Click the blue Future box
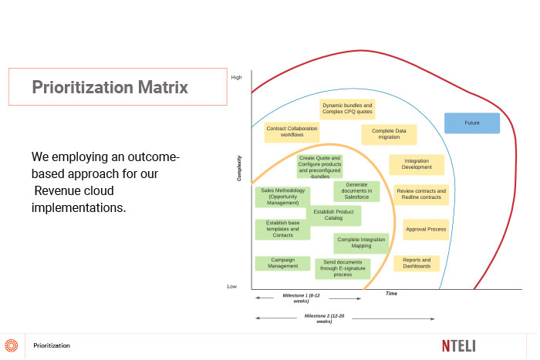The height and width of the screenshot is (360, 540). pos(472,123)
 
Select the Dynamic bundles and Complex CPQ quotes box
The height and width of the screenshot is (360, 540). pos(347,109)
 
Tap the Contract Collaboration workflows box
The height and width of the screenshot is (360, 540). pos(292,132)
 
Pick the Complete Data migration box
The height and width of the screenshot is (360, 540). pos(389,134)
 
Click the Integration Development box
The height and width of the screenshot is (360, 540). pos(417,164)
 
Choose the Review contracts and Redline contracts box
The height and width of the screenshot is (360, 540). pos(421,194)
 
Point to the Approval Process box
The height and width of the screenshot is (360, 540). pos(426,229)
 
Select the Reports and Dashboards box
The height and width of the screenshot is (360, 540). pos(417,264)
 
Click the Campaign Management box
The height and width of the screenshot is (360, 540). pos(283,264)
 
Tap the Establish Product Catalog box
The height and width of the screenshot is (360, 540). pos(333,215)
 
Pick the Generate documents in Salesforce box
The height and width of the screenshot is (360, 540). pos(356,191)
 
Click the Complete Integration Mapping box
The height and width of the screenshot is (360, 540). pos(361,243)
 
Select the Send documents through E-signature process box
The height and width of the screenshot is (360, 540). pos(343,268)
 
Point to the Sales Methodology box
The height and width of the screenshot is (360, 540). pos(283,197)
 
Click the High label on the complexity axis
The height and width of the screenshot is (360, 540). pos(236,77)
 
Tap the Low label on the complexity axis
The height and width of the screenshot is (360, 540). pos(231,286)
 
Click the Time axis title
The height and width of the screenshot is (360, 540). pos(391,293)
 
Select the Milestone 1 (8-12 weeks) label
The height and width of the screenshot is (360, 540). pos(301,298)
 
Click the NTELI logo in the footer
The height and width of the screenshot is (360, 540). pos(459,346)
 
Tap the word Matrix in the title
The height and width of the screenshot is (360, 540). pos(163,87)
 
